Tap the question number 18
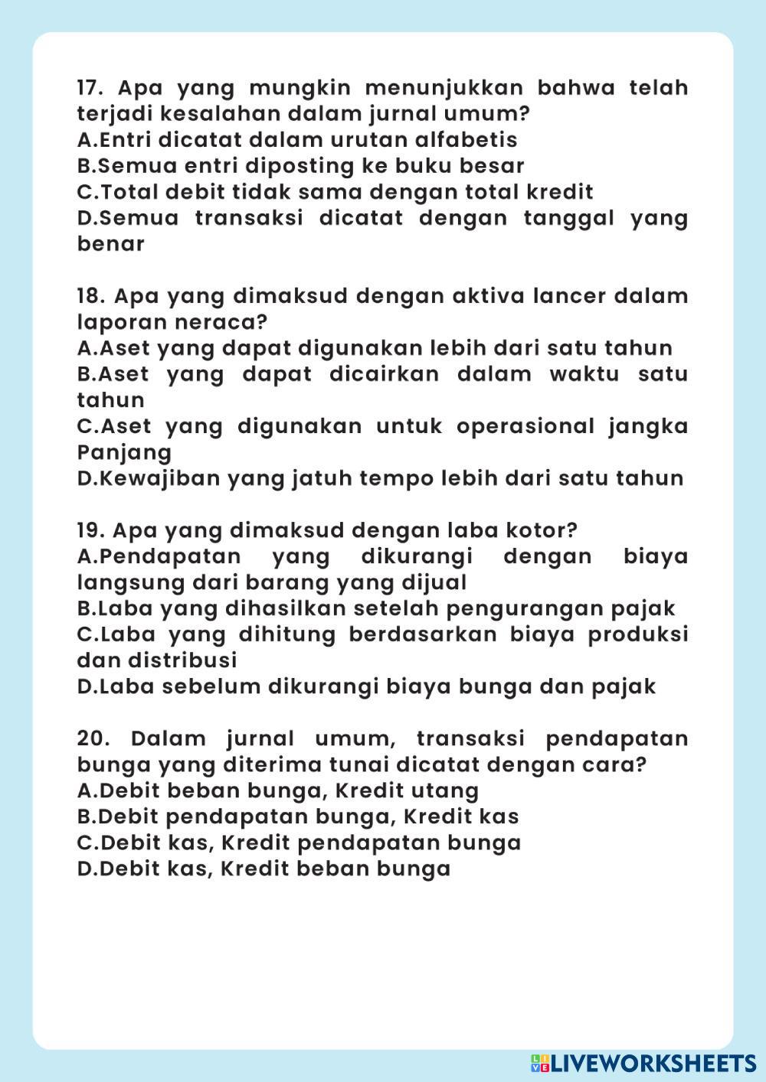tap(89, 296)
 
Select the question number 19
tap(89, 530)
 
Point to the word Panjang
tap(124, 452)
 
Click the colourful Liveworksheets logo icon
tap(540, 1063)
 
